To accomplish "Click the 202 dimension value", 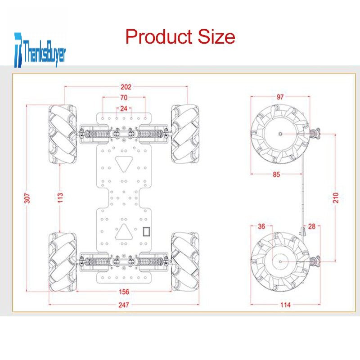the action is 126,87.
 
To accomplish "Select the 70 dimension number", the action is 124,98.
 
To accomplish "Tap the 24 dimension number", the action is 124,108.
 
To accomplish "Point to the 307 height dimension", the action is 27,198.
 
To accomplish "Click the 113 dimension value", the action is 60,198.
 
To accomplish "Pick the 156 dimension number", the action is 124,292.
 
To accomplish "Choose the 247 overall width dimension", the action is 124,305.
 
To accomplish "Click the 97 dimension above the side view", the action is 280,97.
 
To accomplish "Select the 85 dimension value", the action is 276,175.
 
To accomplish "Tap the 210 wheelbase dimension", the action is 336,198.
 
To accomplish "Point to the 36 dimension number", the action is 261,227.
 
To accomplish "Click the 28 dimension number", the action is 311,227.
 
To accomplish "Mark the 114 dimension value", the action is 285,305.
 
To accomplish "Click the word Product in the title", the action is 159,36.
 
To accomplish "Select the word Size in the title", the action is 216,36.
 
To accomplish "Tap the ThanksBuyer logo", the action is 40,50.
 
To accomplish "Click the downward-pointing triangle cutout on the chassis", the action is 124,164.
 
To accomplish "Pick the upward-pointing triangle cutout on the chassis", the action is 124,232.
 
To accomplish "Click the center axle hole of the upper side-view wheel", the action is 280,134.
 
